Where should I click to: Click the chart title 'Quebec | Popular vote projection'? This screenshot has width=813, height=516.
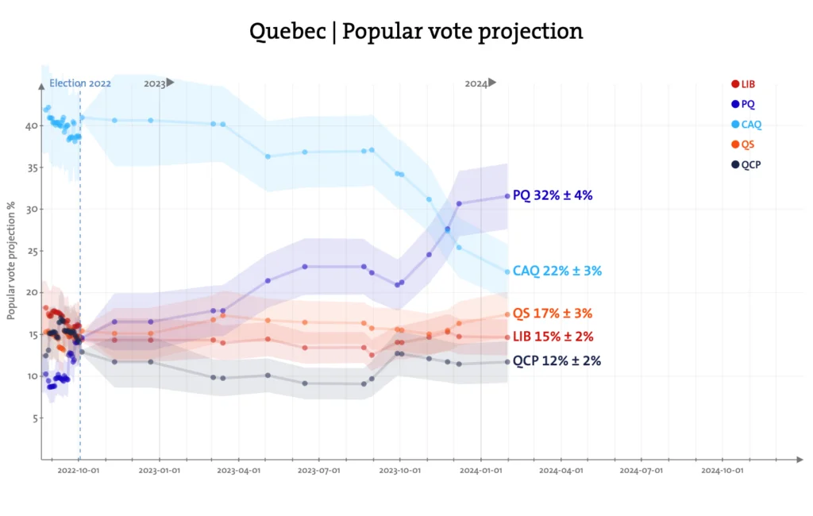[416, 31]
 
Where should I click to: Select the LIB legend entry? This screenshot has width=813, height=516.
[743, 84]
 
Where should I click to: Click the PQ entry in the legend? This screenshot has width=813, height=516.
[742, 104]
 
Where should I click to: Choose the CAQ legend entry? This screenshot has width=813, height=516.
[746, 125]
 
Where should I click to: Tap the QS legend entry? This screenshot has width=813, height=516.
[742, 144]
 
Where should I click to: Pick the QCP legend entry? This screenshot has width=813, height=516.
[746, 164]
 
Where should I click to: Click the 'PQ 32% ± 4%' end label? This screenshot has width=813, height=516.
[553, 194]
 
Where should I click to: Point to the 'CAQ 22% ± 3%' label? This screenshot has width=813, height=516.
[557, 271]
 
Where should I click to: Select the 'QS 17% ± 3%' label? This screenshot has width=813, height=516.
[553, 314]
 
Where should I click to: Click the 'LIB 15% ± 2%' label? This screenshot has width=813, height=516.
[553, 337]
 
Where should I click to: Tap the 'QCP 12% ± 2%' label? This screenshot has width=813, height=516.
[556, 360]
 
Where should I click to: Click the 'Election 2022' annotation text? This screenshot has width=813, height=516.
[80, 83]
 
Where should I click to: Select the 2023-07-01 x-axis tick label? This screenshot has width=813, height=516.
[319, 470]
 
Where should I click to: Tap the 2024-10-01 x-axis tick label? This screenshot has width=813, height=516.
[722, 470]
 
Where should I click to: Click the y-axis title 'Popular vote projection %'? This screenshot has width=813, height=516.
[12, 260]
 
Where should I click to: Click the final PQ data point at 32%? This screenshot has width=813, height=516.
[507, 196]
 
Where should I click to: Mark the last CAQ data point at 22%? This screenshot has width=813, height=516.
[507, 271]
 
